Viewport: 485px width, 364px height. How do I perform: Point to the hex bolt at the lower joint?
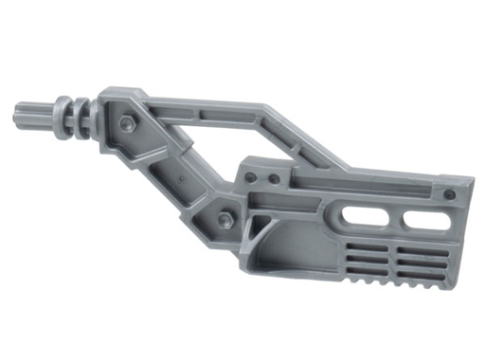[225, 220]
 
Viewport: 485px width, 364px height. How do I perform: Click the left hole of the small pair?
[251, 177]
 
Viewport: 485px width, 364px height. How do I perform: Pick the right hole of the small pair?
[274, 178]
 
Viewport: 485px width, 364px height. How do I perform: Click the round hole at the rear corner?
[449, 194]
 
